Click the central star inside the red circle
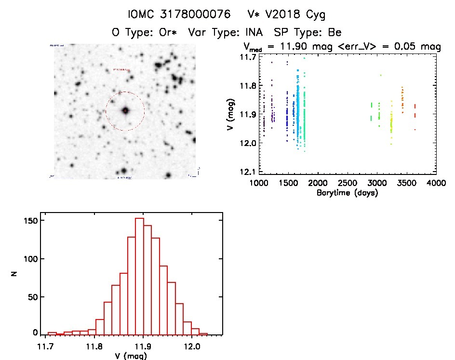[125, 110]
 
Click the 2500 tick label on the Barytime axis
[348, 183]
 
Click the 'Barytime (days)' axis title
[348, 193]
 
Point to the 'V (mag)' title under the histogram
[131, 356]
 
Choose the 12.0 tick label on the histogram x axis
[192, 346]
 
